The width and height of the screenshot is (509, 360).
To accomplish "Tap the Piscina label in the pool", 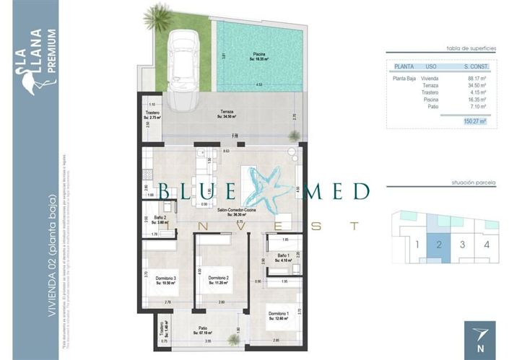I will tap(258, 53).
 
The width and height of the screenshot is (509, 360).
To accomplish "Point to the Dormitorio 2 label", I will tap(218, 278).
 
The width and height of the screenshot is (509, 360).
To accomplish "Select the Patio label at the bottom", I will tap(204, 331).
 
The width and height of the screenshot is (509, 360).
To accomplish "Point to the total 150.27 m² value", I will tap(474, 122).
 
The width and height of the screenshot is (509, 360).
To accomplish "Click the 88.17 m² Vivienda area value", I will tap(477, 78).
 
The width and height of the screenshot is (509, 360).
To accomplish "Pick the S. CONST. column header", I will tap(477, 66).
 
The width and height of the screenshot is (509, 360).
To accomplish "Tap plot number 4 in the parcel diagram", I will tap(487, 245).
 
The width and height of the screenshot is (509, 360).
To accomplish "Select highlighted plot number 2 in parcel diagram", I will tap(438, 245).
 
